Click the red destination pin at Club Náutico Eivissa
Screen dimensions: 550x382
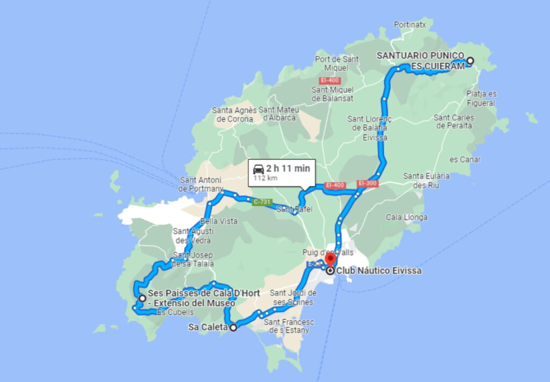coord(330,258)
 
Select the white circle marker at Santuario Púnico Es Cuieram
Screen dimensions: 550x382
coord(470,61)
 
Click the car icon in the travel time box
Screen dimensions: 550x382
coord(259,169)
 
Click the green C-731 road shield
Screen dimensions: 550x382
coord(262,202)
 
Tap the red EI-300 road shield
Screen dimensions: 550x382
coord(368,183)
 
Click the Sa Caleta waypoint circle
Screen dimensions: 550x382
coord(233,327)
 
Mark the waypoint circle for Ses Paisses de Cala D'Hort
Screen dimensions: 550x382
coord(142,298)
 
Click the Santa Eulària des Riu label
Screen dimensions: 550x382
coord(426,180)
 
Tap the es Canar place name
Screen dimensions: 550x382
coord(465,160)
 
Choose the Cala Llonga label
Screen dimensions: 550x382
coord(407,218)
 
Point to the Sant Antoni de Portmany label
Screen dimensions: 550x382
coord(200,184)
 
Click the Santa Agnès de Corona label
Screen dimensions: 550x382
coord(233,114)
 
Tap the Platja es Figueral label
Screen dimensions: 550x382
coord(481,98)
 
